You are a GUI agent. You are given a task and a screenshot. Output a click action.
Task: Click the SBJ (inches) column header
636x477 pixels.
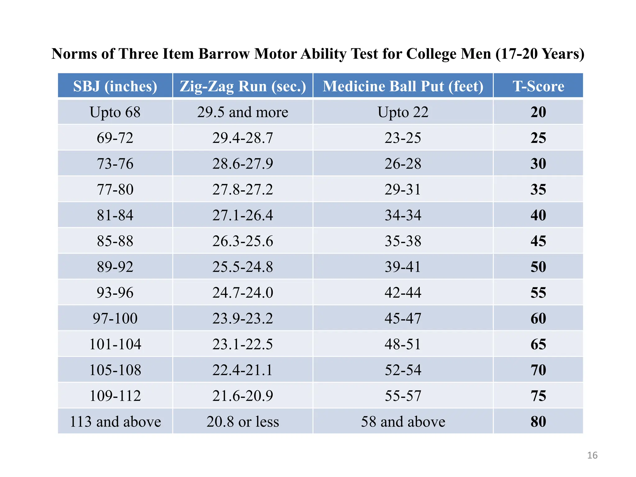click(x=115, y=86)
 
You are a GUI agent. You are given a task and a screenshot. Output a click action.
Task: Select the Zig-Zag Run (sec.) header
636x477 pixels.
click(x=243, y=86)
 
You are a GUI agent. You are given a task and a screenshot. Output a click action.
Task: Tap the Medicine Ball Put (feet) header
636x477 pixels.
click(x=403, y=86)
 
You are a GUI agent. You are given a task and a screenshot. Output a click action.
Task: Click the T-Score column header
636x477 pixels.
click(x=538, y=86)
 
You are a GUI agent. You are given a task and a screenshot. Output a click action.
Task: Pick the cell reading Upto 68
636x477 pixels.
click(x=115, y=112)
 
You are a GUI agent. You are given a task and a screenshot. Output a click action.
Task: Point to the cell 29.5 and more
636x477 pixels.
click(x=243, y=112)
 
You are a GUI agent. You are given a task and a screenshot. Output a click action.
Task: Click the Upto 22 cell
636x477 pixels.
click(x=403, y=112)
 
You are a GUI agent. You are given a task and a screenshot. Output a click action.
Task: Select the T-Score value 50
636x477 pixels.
click(x=538, y=267)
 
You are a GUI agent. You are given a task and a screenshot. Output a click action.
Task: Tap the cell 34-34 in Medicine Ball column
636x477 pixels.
click(x=403, y=215)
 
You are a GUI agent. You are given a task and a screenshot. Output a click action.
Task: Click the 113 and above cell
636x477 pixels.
click(x=115, y=421)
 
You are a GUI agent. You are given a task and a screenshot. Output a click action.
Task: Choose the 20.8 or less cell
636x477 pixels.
click(x=243, y=421)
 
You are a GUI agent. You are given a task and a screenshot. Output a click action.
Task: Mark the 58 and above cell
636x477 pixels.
click(x=403, y=421)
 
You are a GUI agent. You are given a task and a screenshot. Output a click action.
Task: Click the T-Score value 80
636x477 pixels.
click(x=538, y=421)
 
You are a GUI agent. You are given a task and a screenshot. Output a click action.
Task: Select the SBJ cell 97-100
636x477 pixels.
click(x=115, y=318)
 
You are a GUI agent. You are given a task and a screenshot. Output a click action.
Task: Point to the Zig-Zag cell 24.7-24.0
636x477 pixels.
click(x=243, y=293)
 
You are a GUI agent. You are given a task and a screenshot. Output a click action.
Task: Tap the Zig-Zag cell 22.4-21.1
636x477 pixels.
click(x=243, y=370)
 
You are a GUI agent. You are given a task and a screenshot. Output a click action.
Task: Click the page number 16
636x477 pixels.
click(x=592, y=455)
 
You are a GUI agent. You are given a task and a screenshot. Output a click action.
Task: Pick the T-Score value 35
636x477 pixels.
click(x=538, y=189)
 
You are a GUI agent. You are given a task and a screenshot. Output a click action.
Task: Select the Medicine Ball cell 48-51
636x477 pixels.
click(x=403, y=344)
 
